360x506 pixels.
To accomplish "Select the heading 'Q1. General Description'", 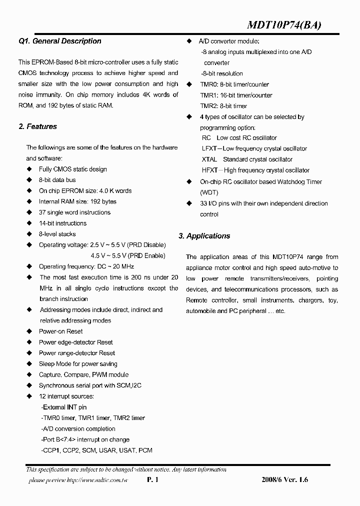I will [59, 41].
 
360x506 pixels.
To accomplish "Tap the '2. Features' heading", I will [37, 127].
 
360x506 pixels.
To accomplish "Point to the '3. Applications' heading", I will [204, 236].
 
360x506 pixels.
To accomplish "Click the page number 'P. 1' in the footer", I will [152, 480].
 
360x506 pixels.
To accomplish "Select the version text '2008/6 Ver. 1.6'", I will [284, 480].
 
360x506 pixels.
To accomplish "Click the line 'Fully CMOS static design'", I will [73, 169].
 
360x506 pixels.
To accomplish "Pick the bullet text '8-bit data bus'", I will [57, 180].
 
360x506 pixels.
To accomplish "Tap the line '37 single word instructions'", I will [74, 212].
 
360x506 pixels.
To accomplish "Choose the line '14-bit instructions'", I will [62, 223].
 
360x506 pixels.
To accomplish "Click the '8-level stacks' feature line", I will [57, 234].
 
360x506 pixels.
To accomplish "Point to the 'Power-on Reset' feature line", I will [61, 331].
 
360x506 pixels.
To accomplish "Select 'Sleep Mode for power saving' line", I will [78, 364].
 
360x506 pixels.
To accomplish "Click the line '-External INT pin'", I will [63, 407].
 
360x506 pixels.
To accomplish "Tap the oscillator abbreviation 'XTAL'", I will [209, 159].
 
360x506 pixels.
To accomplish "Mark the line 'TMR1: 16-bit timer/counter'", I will [236, 95].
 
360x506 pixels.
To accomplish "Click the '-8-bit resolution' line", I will [221, 74].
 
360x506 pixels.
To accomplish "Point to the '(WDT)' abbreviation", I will [209, 192].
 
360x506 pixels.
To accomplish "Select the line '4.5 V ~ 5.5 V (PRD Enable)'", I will [127, 255].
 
